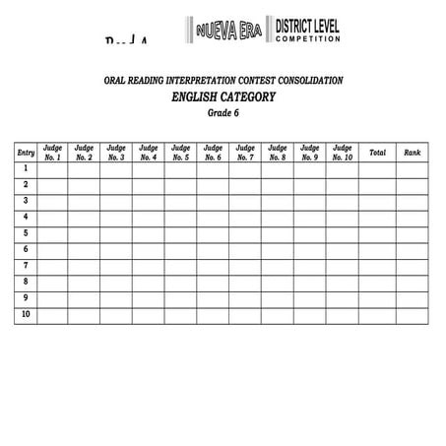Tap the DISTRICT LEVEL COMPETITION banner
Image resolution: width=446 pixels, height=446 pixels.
click(308, 32)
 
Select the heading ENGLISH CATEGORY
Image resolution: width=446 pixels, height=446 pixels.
click(223, 96)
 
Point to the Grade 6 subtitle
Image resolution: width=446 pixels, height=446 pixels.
click(223, 113)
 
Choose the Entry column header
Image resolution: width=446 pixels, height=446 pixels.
click(27, 153)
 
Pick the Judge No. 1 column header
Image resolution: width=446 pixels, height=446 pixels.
click(53, 153)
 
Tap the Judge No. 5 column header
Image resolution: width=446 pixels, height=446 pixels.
click(181, 153)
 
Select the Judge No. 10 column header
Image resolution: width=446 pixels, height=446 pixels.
click(342, 153)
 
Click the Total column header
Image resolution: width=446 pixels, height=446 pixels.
click(377, 153)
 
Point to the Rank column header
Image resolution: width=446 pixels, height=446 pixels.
click(413, 153)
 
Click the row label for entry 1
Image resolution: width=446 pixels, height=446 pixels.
click(27, 169)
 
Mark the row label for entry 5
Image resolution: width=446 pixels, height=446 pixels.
click(27, 233)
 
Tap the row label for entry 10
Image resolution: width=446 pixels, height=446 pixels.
click(27, 314)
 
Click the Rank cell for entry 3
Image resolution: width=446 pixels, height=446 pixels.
click(413, 202)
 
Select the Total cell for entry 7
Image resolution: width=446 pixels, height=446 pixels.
click(377, 266)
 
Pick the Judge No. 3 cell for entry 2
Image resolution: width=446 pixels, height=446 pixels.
click(116, 185)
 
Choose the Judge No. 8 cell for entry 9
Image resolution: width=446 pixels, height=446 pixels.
click(277, 298)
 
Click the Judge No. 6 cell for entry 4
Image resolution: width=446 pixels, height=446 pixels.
click(213, 218)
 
